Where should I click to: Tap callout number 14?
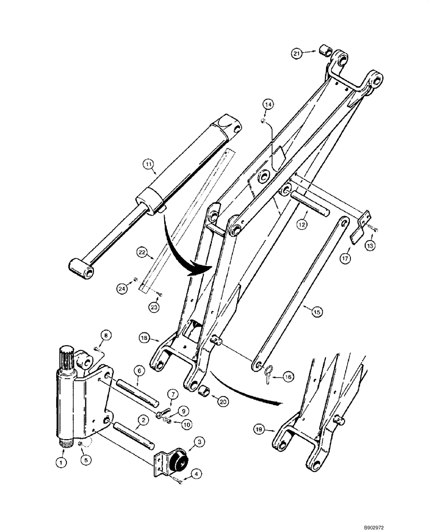coord(268,106)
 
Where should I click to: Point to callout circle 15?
coord(316,312)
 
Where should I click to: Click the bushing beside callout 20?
coord(204,393)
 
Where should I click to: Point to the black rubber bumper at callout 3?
coord(178,459)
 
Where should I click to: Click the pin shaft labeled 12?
coord(308,204)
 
